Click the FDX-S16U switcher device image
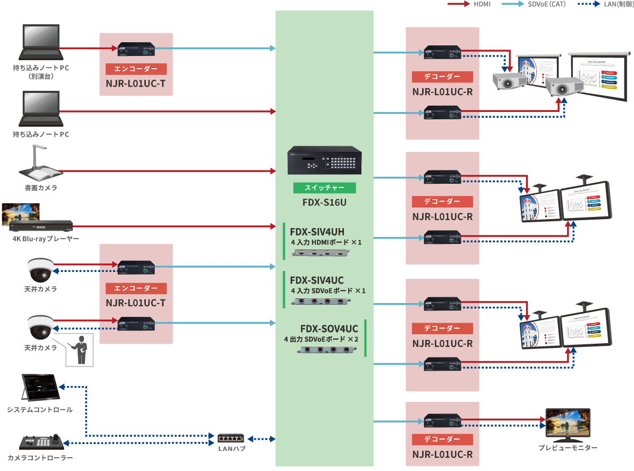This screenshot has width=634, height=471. coord(324,161)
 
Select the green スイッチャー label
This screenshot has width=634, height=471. coord(324,188)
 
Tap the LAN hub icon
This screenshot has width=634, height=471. coord(231,438)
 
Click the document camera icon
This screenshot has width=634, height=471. coord(40,164)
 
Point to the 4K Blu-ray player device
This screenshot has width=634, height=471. coord(41,227)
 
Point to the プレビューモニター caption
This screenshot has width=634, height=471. coord(568,448)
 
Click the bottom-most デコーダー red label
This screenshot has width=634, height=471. coord(442,439)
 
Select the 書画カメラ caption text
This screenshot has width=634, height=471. coord(41,187)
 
